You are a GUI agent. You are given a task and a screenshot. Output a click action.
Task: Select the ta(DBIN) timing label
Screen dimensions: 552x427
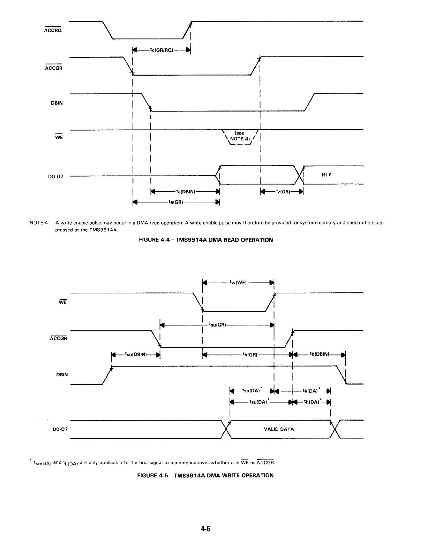pyautogui.click(x=186, y=191)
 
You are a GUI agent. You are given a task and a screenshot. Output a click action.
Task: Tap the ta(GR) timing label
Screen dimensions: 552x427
pyautogui.click(x=176, y=202)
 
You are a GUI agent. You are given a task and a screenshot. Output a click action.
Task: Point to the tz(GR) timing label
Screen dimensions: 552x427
pyautogui.click(x=282, y=191)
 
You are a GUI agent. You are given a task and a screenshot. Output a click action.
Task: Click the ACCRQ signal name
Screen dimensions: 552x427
pyautogui.click(x=53, y=30)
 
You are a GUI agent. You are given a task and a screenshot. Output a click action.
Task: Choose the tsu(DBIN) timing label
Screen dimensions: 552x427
pyautogui.click(x=135, y=354)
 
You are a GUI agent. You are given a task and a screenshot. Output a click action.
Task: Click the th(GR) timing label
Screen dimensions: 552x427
pyautogui.click(x=250, y=355)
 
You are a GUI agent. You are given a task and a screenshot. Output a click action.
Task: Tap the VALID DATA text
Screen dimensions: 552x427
pyautogui.click(x=279, y=429)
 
